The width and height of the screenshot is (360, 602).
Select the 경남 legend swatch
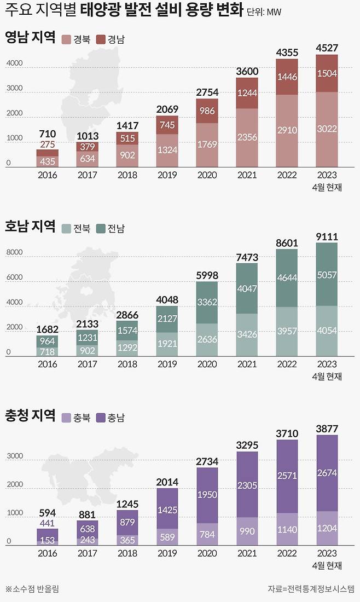tap(101, 39)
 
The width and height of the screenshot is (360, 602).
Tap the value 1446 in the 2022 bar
tap(287, 77)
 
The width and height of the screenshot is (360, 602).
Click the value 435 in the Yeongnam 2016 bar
tap(48, 161)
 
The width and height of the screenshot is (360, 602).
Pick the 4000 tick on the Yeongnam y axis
tap(14, 63)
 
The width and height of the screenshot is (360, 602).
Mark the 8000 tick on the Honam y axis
tap(14, 253)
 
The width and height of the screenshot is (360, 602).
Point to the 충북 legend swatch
tap(67, 418)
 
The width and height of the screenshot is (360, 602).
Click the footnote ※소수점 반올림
tap(32, 589)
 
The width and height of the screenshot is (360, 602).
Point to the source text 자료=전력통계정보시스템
tap(310, 589)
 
